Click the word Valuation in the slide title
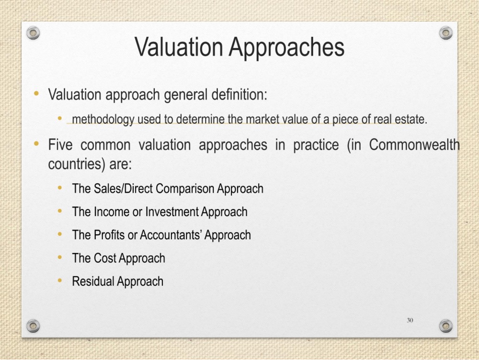click(179, 47)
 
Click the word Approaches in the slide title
click(286, 48)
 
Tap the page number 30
click(410, 320)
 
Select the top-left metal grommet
click(33, 33)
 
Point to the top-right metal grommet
click(445, 33)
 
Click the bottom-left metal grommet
click(33, 326)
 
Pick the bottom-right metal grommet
click(445, 326)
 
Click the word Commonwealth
click(414, 145)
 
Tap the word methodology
click(103, 119)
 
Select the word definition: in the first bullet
click(239, 94)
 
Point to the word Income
click(112, 212)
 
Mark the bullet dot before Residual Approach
click(59, 280)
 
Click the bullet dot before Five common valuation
click(36, 143)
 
